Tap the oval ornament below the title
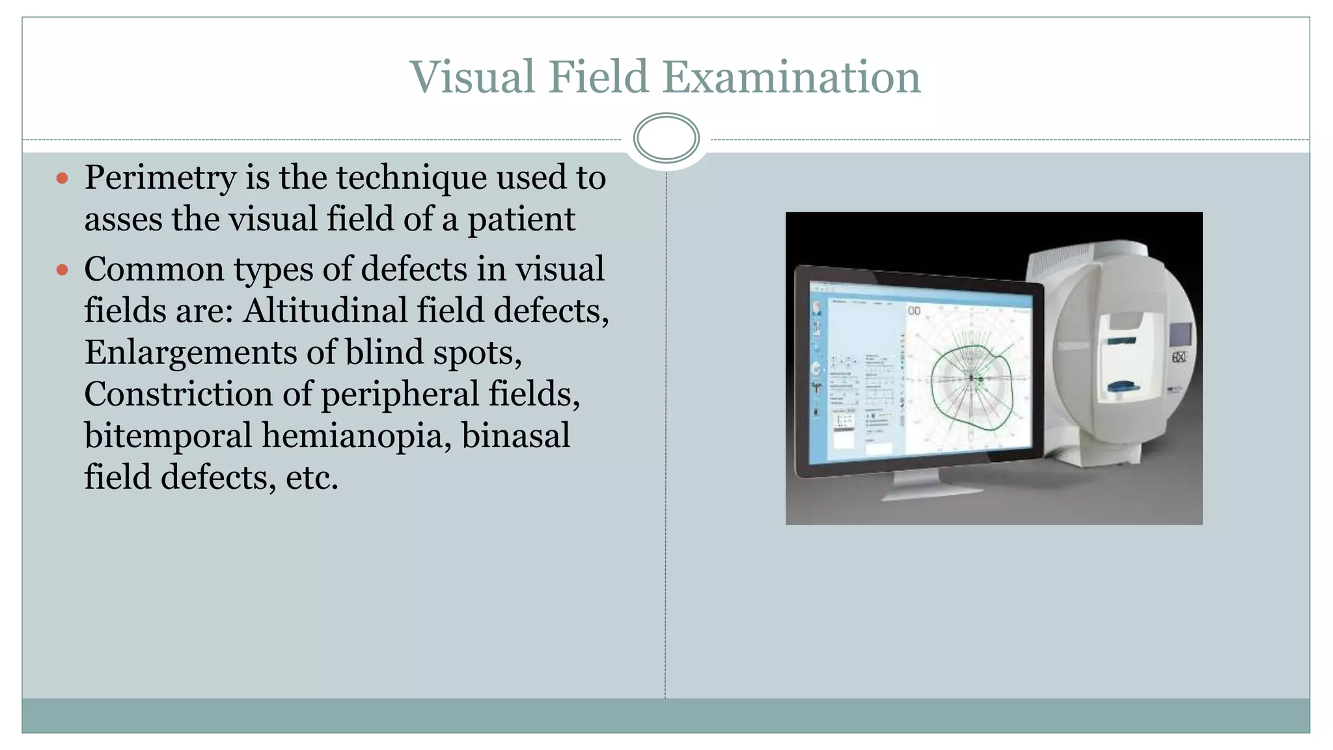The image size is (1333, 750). [666, 138]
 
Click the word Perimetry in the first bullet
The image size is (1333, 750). [160, 178]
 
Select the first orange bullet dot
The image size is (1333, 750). [62, 178]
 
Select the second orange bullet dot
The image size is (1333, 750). [62, 270]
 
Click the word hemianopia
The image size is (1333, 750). [357, 436]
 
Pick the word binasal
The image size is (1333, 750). [515, 436]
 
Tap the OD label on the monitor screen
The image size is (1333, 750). [914, 311]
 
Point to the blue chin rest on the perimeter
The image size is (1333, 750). [1125, 389]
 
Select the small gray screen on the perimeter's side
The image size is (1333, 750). [1179, 335]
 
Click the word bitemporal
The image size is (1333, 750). [168, 436]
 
